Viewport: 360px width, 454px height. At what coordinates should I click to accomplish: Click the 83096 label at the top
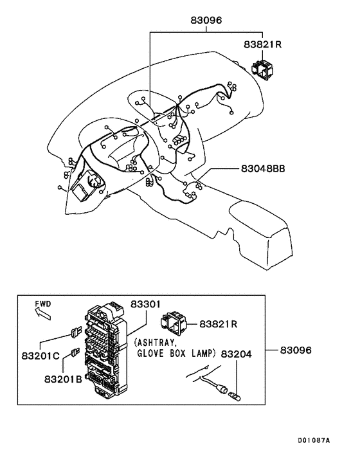pyautogui.click(x=206, y=20)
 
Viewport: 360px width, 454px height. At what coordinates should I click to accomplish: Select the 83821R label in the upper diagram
pyautogui.click(x=263, y=46)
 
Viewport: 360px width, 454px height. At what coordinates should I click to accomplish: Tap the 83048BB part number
pyautogui.click(x=263, y=168)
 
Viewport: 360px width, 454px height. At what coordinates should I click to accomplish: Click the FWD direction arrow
pyautogui.click(x=42, y=314)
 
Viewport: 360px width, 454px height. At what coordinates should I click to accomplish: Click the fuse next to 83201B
pyautogui.click(x=75, y=352)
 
